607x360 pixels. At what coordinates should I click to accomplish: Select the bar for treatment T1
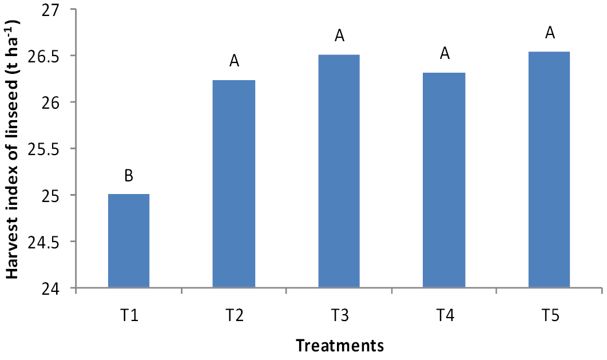click(129, 240)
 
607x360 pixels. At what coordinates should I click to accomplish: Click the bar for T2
click(234, 184)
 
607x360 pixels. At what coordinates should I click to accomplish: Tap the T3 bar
click(339, 171)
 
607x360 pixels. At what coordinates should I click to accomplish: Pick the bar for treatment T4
click(444, 180)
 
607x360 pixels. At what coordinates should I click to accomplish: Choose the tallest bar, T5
click(549, 169)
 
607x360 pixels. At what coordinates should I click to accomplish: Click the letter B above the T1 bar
click(129, 176)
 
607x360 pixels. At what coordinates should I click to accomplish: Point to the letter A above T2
click(234, 61)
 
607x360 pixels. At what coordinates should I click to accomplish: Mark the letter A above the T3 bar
click(339, 35)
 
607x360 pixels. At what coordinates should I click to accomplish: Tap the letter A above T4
click(445, 53)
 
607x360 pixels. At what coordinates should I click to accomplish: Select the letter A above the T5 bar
click(550, 33)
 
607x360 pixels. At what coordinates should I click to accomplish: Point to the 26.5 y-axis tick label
click(44, 56)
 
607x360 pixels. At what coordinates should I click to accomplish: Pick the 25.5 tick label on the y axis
click(44, 149)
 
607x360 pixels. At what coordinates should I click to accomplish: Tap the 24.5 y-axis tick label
click(44, 242)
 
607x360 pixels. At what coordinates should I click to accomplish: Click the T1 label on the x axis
click(129, 315)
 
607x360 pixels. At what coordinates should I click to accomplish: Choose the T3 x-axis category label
click(339, 315)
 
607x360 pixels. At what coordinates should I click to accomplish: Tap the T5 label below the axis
click(550, 315)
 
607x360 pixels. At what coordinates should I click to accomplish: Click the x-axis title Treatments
click(340, 345)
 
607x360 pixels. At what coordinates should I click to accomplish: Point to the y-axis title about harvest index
click(12, 149)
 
